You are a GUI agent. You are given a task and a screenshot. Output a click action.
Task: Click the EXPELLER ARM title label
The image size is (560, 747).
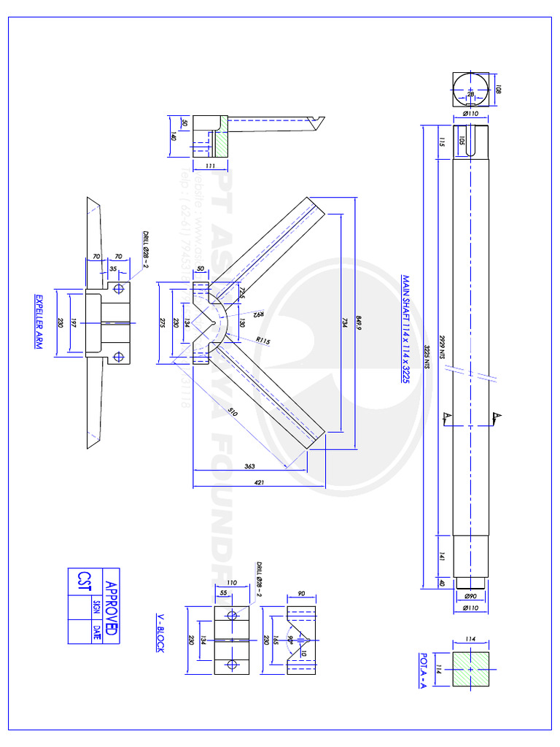(39, 322)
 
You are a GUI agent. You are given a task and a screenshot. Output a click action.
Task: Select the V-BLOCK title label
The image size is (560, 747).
(160, 632)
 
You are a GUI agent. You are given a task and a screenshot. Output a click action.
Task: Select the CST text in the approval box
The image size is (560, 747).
(82, 581)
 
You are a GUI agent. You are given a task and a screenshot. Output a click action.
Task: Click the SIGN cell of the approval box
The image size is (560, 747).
(96, 607)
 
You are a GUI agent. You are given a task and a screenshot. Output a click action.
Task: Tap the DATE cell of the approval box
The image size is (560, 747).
(96, 631)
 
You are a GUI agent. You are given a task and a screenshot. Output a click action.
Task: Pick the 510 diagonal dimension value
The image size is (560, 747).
(233, 413)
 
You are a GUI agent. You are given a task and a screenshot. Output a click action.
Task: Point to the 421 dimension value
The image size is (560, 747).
(258, 482)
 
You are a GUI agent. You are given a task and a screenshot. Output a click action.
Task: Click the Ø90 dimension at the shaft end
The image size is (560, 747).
(471, 597)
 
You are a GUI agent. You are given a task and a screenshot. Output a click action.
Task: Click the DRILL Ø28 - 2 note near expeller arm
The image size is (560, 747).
(145, 250)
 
